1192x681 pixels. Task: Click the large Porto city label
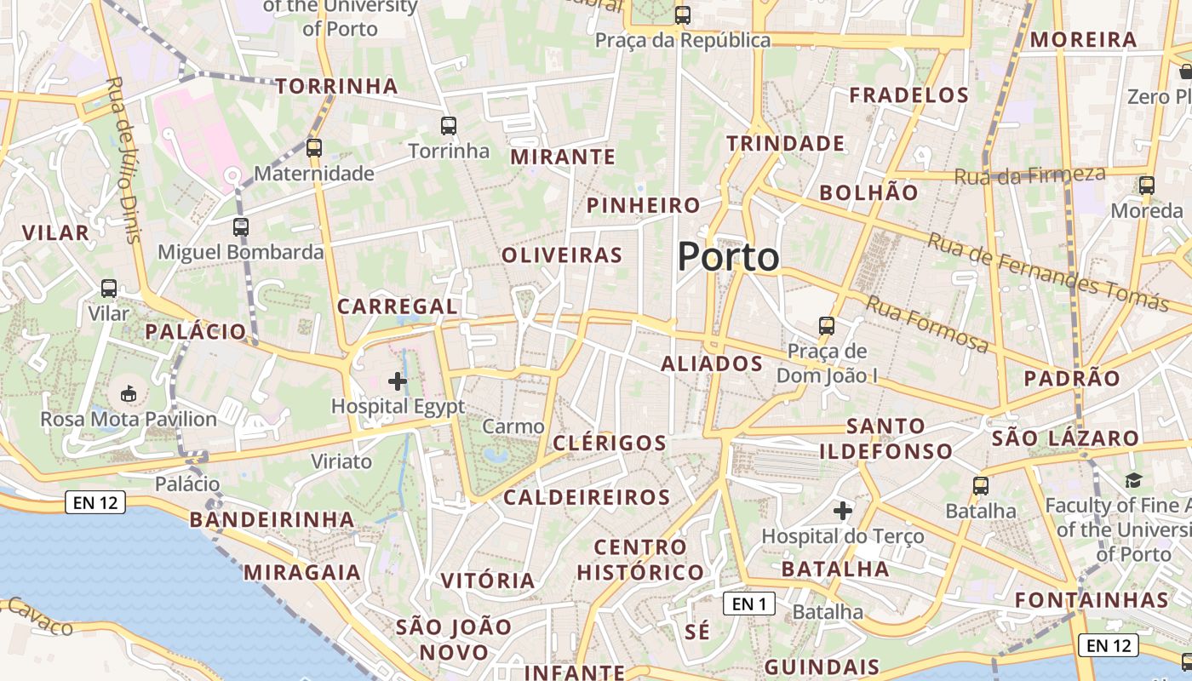[728, 257]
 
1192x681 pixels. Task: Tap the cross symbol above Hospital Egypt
[397, 381]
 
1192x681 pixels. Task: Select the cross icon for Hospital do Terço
[843, 511]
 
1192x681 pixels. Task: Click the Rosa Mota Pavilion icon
[128, 393]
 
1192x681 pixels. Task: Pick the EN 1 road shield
[749, 604]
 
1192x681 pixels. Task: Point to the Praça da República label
[682, 40]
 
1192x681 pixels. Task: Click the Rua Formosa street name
[927, 323]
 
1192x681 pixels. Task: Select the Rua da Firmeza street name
[1029, 175]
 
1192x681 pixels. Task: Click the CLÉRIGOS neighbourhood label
[610, 443]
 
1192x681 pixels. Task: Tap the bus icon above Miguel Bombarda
[241, 227]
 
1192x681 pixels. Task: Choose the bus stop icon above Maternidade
[314, 148]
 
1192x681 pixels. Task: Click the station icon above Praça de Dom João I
[826, 326]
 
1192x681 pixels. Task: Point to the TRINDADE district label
[785, 143]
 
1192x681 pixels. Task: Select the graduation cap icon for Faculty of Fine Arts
[1132, 481]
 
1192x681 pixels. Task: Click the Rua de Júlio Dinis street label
[123, 159]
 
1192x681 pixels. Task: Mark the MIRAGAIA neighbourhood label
[302, 572]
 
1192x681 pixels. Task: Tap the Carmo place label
[513, 426]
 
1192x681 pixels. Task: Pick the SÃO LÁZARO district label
[1065, 438]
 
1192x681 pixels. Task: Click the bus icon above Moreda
[1147, 186]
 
